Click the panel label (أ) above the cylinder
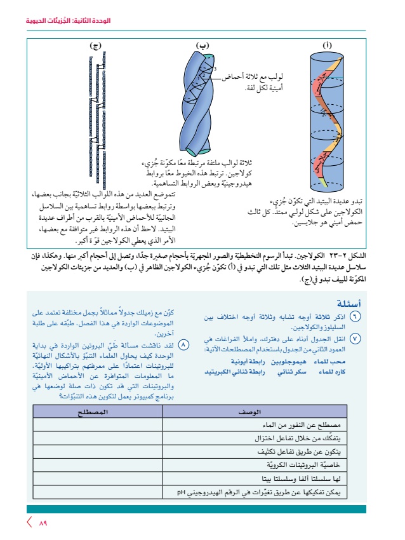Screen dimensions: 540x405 tap(328, 45)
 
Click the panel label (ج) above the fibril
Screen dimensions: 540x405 tap(96, 45)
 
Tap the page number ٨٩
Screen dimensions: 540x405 tap(43, 524)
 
